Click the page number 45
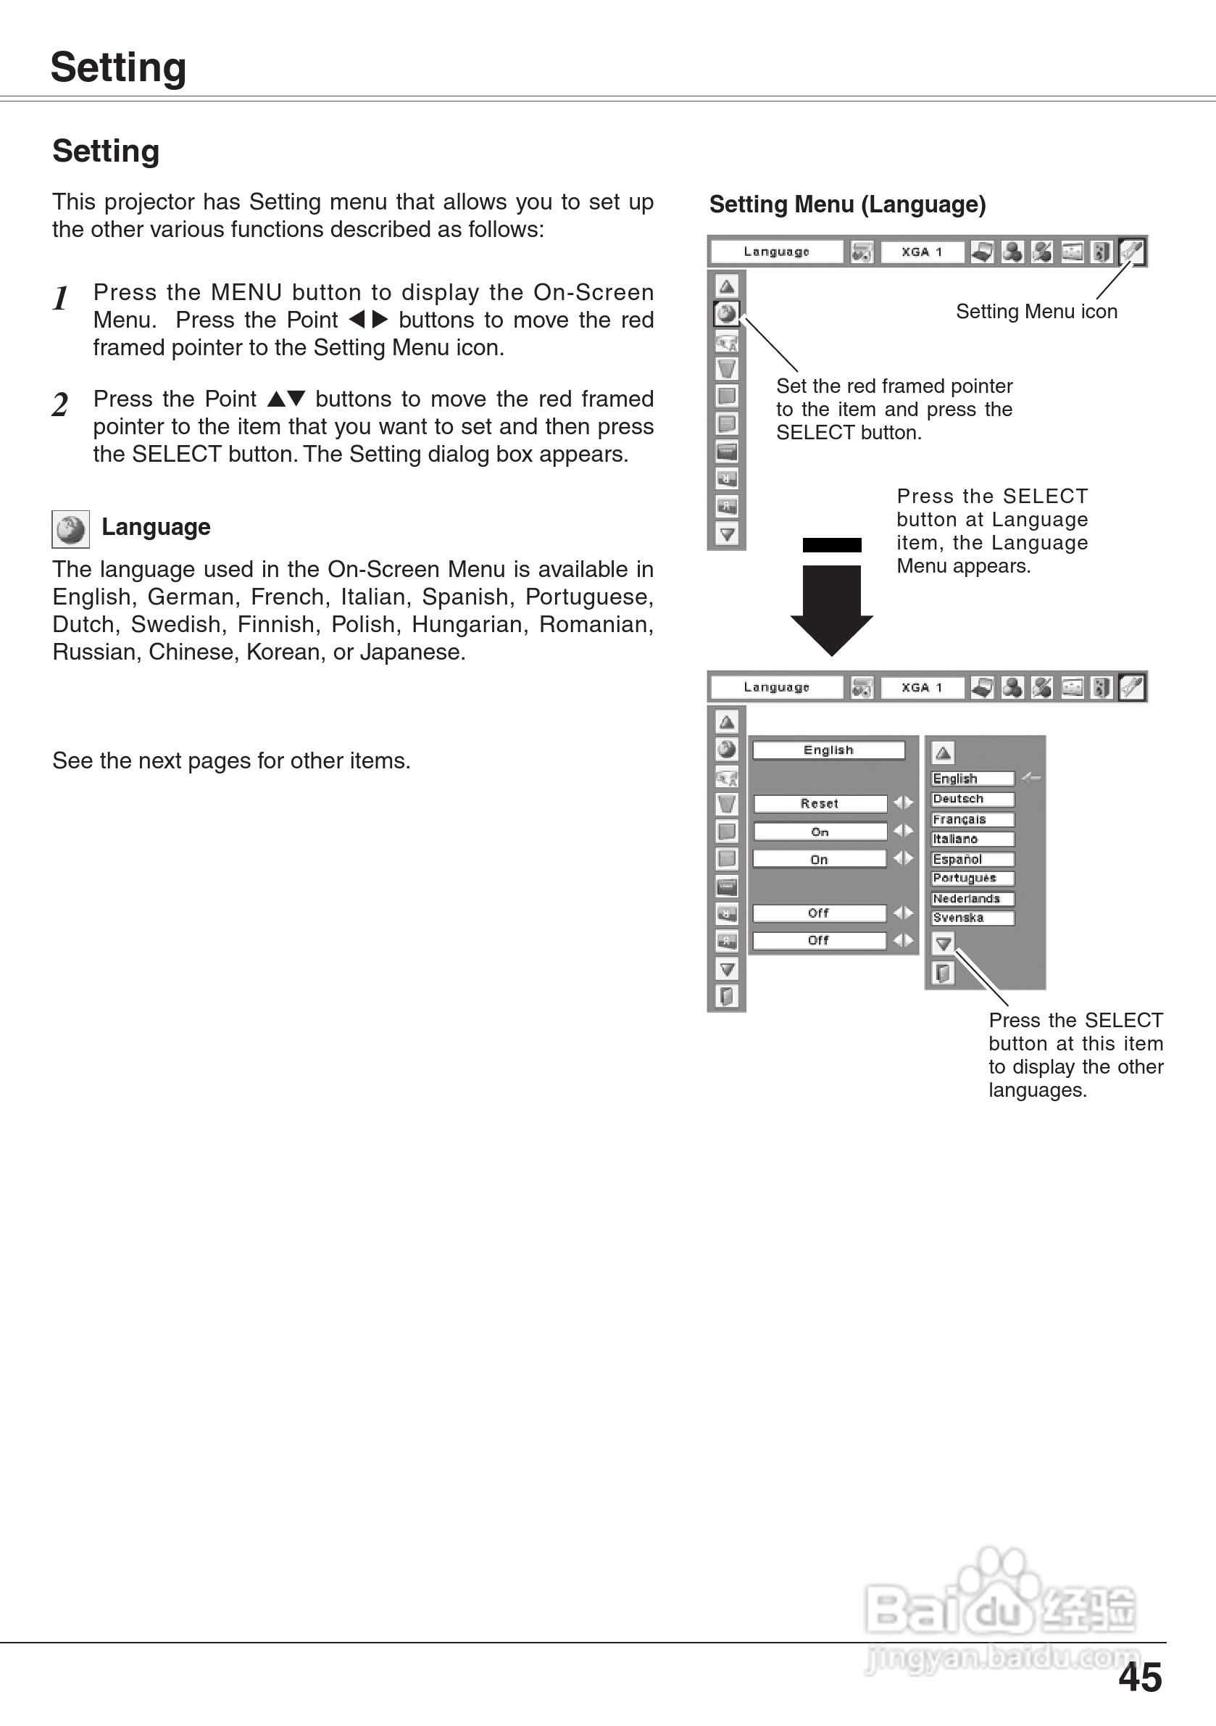[x=1139, y=1677]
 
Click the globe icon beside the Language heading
[x=70, y=528]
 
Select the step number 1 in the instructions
[x=61, y=299]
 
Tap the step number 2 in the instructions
[x=60, y=404]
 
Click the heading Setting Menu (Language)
[x=847, y=204]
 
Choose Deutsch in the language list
[x=972, y=799]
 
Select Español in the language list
[x=972, y=859]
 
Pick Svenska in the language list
[x=972, y=918]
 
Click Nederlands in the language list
[x=972, y=898]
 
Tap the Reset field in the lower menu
[x=819, y=804]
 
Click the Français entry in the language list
[x=972, y=819]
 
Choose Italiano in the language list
[x=972, y=839]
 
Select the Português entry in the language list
[x=972, y=878]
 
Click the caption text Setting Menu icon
[x=1036, y=311]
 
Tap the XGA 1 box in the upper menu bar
[x=921, y=252]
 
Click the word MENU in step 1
[x=246, y=292]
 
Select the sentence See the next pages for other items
[x=231, y=760]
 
